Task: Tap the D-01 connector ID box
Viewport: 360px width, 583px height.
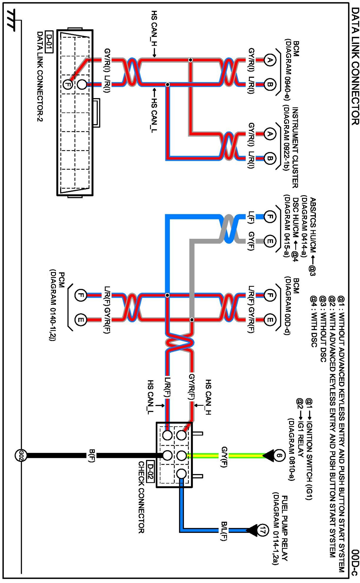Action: tap(49, 42)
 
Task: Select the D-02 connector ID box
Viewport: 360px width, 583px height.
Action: tap(150, 471)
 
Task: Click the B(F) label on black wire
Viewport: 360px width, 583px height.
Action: tap(92, 456)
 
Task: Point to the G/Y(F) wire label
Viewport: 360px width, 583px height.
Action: tap(224, 457)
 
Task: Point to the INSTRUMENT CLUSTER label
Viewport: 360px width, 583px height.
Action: tap(295, 147)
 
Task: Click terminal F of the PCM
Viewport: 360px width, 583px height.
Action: tap(80, 295)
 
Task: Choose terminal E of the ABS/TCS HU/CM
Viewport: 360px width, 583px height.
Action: tap(269, 241)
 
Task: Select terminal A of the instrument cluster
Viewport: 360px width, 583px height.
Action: tap(269, 134)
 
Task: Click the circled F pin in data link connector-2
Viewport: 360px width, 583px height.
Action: tap(68, 85)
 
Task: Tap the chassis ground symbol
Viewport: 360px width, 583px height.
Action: tap(12, 20)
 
